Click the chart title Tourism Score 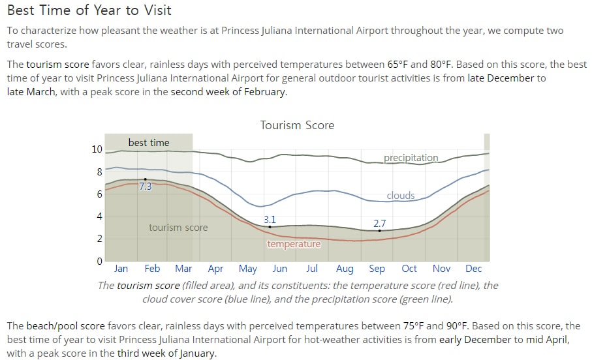tap(297, 125)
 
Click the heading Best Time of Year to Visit tap(89, 10)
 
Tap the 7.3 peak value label tap(146, 187)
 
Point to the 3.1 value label tap(270, 219)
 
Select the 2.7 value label tap(379, 224)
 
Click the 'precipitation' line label tap(411, 158)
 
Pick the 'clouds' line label tap(401, 196)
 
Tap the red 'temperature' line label tap(294, 244)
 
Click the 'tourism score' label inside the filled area tap(178, 228)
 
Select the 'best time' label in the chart tap(149, 143)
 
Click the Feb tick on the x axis tap(152, 268)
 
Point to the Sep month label tap(377, 269)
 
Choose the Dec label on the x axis tap(473, 268)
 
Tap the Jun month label tap(280, 268)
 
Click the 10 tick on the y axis tap(97, 149)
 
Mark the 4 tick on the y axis tap(100, 217)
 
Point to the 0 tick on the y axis tap(100, 261)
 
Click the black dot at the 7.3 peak tap(146, 179)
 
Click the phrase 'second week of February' tap(228, 92)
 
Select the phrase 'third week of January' tap(166, 353)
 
